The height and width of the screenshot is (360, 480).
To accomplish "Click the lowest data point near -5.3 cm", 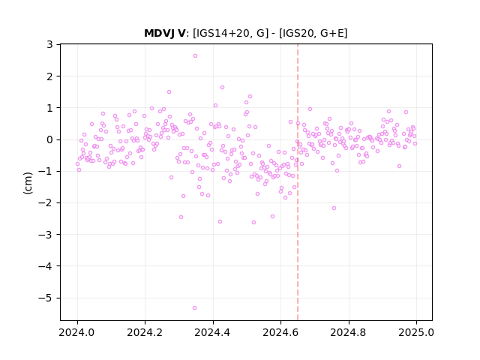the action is tap(194, 307).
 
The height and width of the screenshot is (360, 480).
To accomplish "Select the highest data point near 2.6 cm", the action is tap(195, 55).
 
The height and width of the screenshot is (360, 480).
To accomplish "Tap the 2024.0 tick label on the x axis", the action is tap(77, 332).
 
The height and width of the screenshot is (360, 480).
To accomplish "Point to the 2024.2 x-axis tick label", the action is tap(145, 332).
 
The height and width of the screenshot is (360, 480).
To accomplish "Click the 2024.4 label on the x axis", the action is tap(213, 332).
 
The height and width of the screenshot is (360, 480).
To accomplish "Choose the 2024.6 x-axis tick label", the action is tap(280, 332).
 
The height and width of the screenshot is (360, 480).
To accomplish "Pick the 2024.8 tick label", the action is tap(348, 332).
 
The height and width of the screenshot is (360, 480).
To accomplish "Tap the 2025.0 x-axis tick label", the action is tap(416, 332).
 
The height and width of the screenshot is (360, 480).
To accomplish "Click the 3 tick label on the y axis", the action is tap(49, 45).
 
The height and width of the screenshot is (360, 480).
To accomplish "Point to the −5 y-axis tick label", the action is tap(45, 298).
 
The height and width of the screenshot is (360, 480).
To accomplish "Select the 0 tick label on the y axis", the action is tap(49, 139).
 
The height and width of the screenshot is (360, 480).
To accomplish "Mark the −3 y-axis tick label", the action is tap(45, 235).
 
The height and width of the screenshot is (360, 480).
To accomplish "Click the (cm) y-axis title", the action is tap(28, 183).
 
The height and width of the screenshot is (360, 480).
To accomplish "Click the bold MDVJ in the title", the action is tap(160, 33).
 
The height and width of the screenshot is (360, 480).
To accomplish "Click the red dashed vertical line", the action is tap(298, 182).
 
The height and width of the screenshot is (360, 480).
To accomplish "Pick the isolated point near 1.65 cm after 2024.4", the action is tap(222, 87).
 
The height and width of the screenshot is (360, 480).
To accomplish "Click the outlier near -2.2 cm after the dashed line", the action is tap(334, 208).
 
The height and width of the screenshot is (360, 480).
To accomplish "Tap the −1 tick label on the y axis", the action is tap(45, 171).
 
